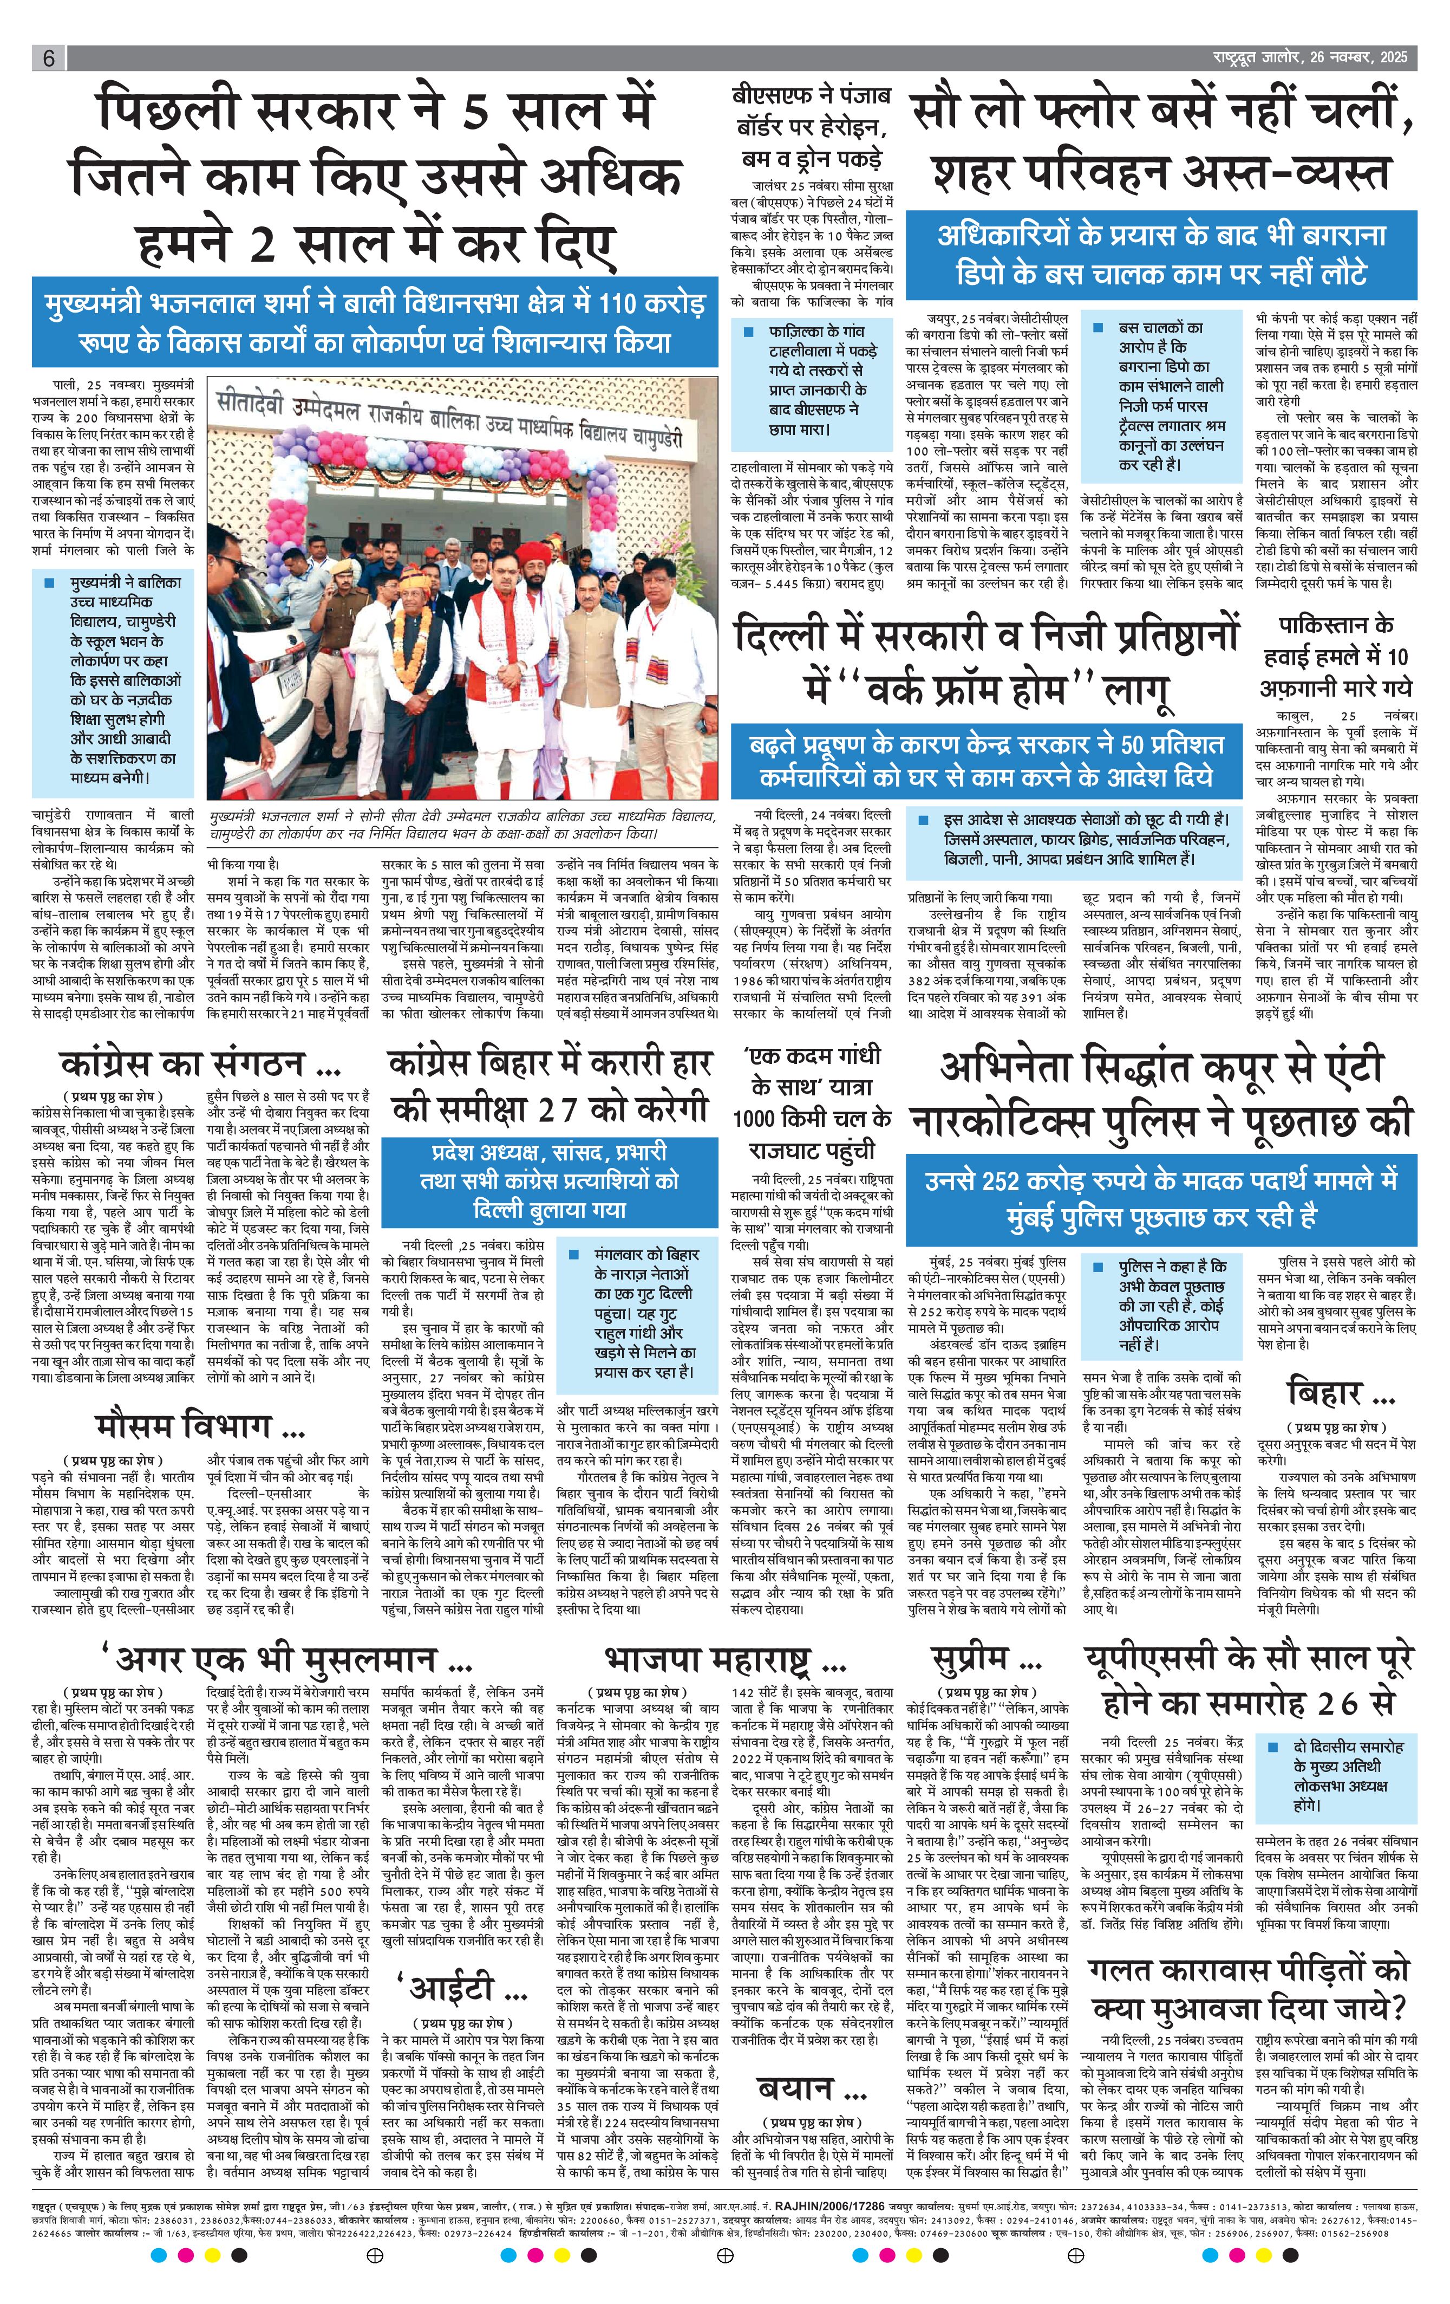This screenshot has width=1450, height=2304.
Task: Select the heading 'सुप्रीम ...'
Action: coord(985,1658)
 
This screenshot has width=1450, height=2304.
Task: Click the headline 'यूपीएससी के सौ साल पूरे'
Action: coord(1247,1658)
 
